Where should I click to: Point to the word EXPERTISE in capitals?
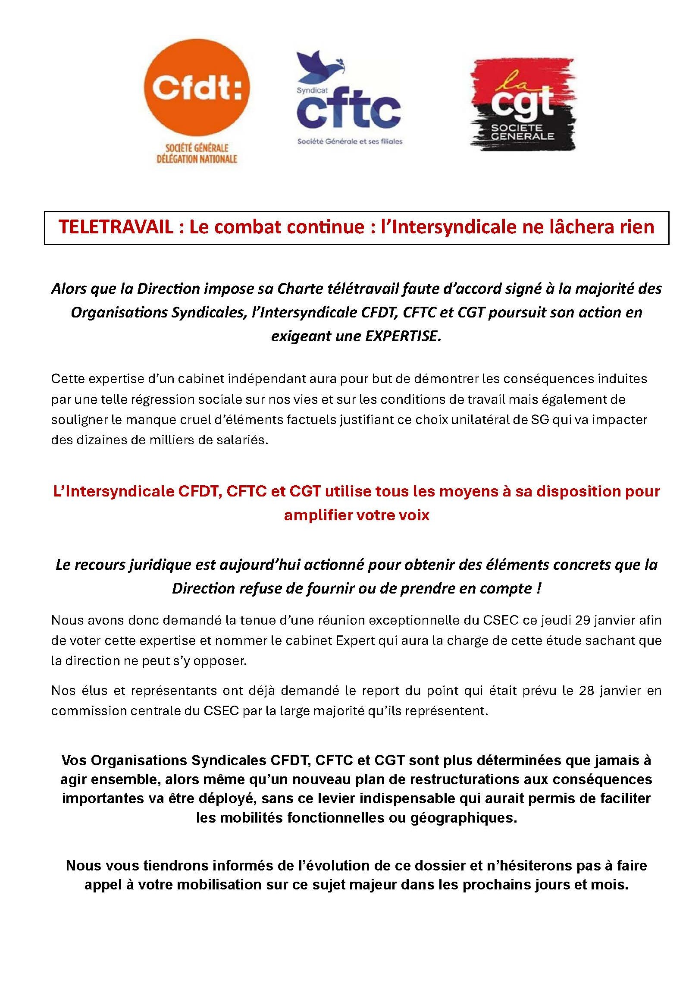pos(403,336)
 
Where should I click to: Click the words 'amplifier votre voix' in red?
pos(357,515)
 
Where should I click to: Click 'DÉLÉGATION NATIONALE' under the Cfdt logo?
pos(197,159)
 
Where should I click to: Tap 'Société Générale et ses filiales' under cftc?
pos(350,141)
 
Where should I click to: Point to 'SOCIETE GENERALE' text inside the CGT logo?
pos(522,132)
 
